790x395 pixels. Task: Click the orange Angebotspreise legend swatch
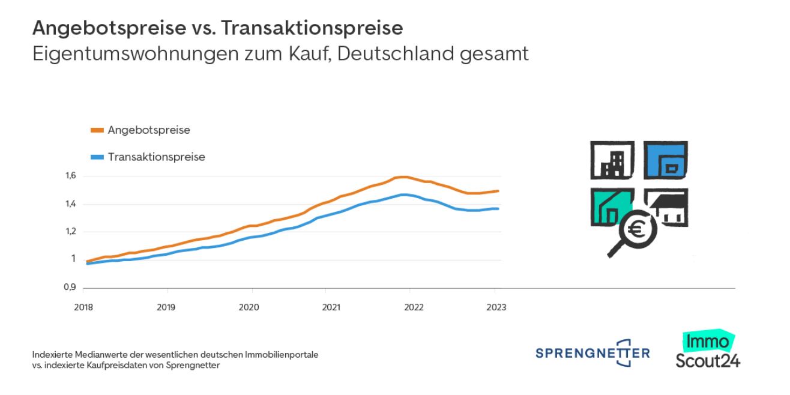pos(97,130)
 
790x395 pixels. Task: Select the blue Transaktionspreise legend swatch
pos(97,157)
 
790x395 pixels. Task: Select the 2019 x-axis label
pos(166,308)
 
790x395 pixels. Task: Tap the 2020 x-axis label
pos(249,308)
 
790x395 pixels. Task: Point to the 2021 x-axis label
pos(331,308)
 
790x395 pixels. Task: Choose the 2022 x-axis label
pos(414,308)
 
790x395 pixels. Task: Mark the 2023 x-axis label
pos(496,308)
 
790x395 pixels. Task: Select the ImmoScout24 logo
pos(707,351)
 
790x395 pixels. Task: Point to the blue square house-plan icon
pos(666,160)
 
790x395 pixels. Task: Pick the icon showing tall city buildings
pos(612,160)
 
